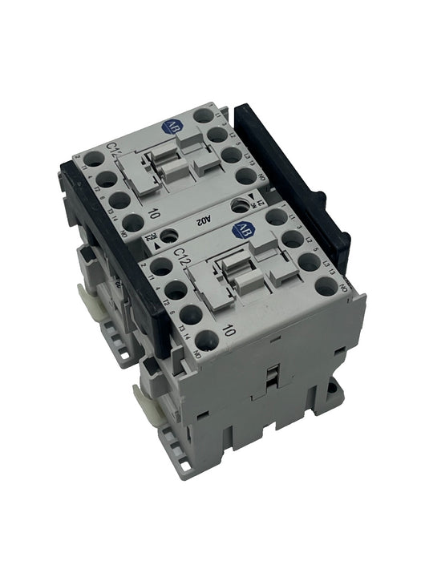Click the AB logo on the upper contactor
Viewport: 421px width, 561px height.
pos(170,125)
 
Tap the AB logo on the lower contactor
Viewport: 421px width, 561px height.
pos(238,231)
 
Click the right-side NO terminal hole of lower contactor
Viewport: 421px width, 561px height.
pos(325,283)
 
